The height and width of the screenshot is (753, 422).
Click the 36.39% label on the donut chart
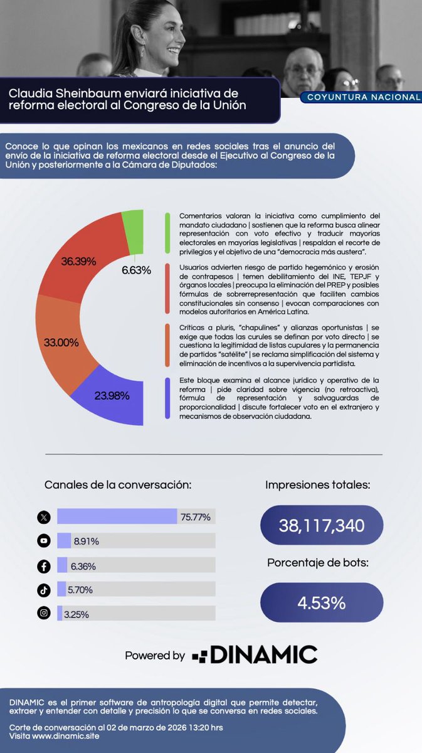[78, 260]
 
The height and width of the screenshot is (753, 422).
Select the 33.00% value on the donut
[61, 343]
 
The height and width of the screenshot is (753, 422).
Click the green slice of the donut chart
[133, 232]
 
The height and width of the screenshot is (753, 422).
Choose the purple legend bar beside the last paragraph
[167, 398]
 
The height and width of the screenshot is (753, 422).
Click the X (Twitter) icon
[43, 517]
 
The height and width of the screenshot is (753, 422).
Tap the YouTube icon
[43, 541]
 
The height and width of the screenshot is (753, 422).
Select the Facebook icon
[43, 565]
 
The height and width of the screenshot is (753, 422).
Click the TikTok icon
[43, 589]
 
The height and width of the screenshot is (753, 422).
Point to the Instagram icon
[43, 613]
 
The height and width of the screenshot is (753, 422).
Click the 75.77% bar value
[195, 517]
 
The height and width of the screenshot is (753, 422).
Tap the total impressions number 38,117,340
[322, 525]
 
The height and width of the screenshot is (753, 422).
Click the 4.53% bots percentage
[322, 603]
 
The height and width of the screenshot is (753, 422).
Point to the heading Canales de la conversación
[118, 485]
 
